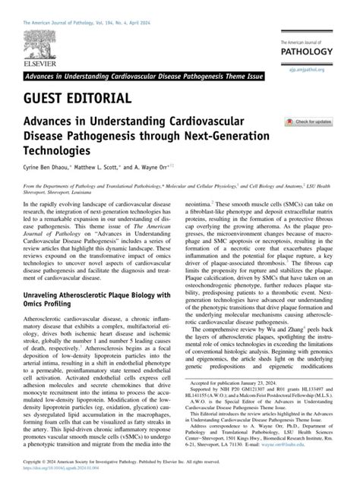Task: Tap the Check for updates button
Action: [x=308, y=121]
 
